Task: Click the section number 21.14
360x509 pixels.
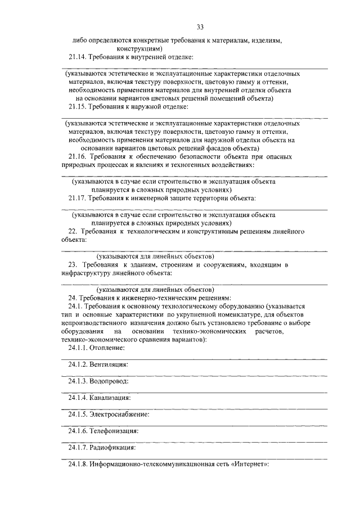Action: tap(78, 57)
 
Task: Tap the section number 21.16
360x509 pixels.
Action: tap(78, 156)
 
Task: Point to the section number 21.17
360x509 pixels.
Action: tap(78, 198)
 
